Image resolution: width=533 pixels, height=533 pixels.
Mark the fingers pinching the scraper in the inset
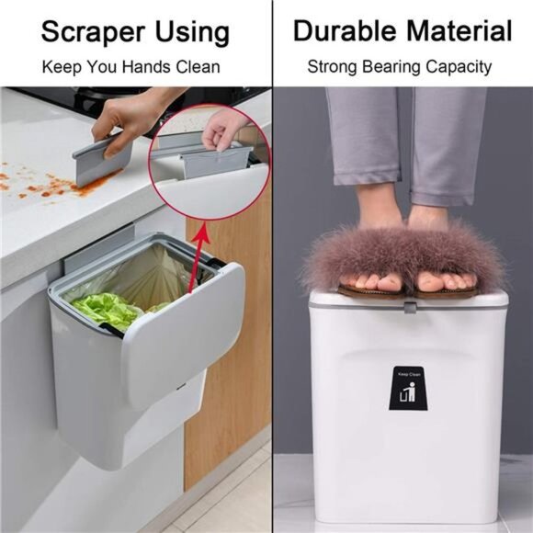[221, 133]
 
